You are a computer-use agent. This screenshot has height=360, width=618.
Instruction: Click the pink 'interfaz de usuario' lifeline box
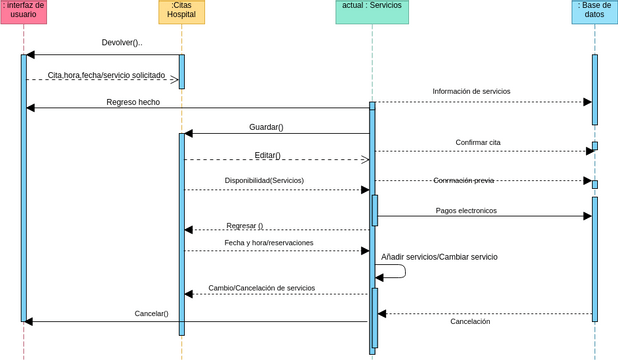[24, 11]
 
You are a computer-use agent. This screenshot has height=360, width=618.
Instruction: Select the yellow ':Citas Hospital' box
[181, 11]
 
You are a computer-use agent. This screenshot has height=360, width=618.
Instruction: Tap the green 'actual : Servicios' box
[372, 11]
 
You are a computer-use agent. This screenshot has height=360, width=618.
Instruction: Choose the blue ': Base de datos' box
[594, 11]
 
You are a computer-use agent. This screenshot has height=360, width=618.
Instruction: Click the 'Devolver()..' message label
[122, 43]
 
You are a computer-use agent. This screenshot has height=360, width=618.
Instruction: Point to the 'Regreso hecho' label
[133, 102]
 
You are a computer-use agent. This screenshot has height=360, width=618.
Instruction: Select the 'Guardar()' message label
[266, 127]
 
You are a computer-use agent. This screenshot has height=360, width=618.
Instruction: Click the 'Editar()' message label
[267, 155]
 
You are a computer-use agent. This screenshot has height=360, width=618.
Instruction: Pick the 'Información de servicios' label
[471, 91]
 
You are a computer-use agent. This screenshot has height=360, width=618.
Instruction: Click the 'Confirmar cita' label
[478, 142]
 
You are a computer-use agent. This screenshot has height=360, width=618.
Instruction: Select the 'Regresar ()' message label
[245, 225]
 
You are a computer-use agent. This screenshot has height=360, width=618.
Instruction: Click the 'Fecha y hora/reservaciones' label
[269, 242]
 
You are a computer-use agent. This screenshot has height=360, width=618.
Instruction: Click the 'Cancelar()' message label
[151, 313]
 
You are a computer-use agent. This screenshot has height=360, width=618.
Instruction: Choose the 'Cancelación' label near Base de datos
[470, 321]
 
